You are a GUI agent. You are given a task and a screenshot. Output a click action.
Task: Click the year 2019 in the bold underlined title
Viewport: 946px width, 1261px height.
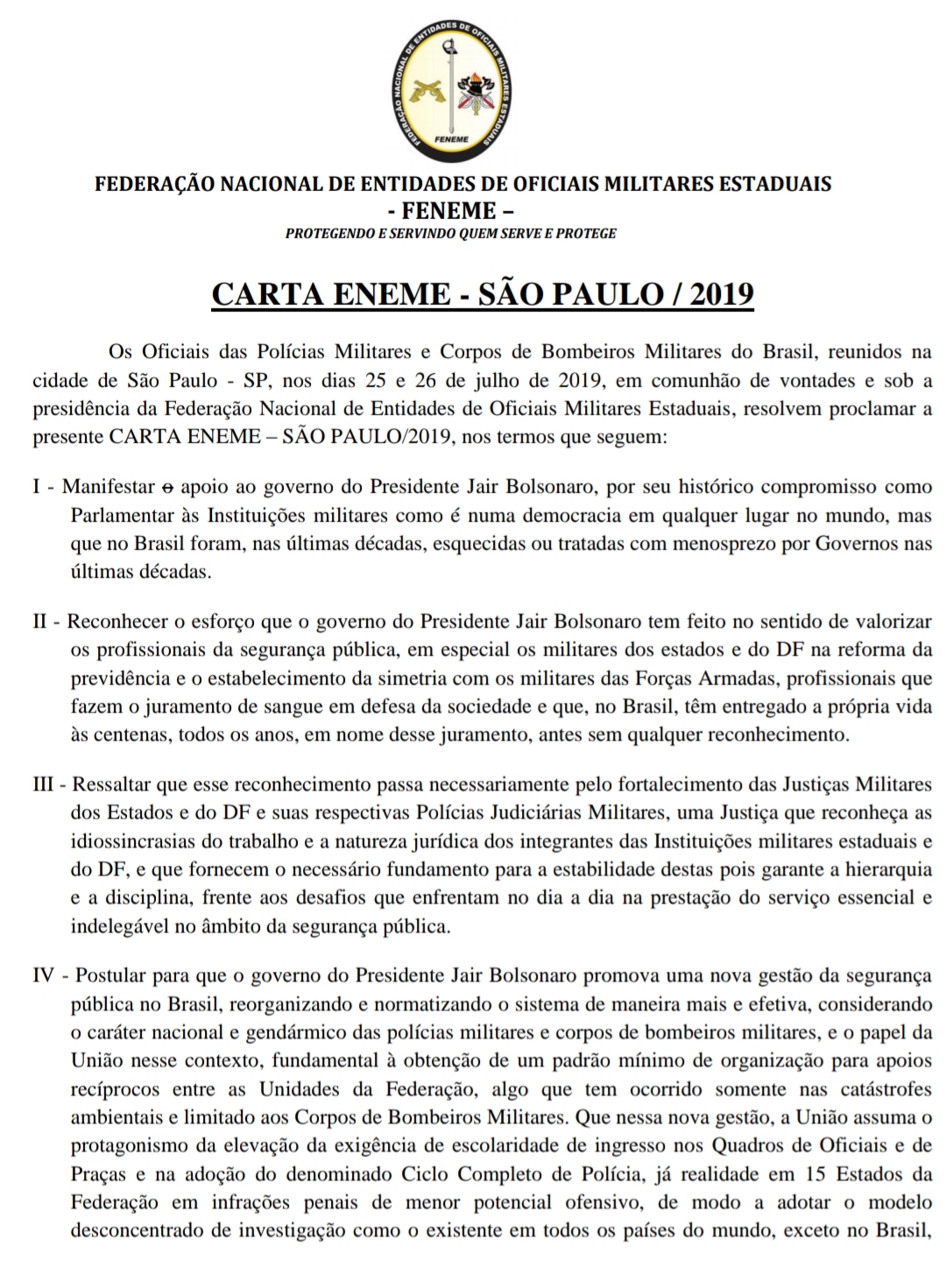pos(722,293)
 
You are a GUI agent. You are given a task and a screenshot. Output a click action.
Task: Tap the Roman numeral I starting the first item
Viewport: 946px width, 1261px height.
pos(37,487)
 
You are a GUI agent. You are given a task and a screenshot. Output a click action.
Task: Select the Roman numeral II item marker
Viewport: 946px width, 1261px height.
pos(40,622)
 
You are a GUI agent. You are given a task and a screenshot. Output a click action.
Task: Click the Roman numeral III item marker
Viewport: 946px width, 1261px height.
pos(44,784)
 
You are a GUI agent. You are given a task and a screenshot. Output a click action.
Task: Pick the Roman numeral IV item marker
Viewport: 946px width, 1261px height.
pos(44,976)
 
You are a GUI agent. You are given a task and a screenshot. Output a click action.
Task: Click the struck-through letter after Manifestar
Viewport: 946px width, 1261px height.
pos(170,487)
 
